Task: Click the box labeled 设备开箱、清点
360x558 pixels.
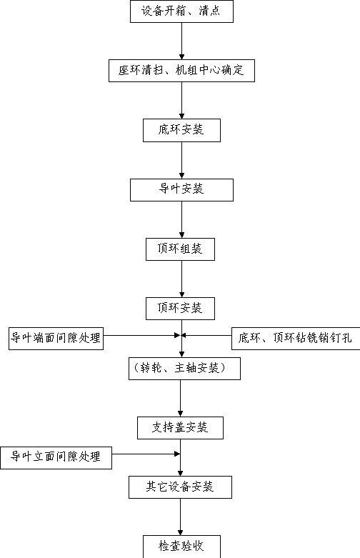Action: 181,11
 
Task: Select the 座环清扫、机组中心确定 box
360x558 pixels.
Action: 181,71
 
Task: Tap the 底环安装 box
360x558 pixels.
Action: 181,130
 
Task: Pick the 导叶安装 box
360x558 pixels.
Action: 181,189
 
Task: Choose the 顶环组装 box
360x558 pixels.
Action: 180,249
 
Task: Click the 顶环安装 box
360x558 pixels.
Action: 180,309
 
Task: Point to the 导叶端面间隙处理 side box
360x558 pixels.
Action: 56,339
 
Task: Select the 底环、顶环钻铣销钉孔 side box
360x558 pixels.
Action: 296,339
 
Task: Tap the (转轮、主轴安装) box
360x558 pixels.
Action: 184,369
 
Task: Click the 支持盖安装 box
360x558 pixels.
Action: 180,428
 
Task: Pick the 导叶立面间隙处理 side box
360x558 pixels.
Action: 56,458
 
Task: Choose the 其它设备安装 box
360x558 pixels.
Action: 180,487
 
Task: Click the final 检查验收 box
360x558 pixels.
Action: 181,547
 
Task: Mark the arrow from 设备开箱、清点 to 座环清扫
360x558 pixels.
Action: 181,41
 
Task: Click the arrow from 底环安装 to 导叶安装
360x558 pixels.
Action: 181,160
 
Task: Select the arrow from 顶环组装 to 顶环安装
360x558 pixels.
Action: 181,279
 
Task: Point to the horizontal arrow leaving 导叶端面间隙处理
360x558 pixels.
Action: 141,335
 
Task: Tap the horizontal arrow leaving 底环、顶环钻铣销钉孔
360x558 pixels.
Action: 206,335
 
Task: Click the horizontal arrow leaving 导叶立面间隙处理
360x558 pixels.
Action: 146,454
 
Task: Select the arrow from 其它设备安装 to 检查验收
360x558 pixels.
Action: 180,517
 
